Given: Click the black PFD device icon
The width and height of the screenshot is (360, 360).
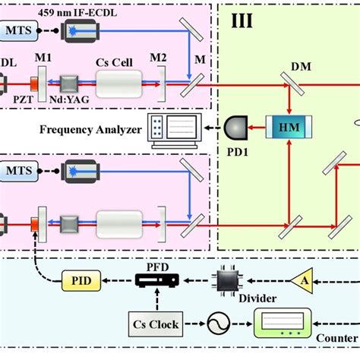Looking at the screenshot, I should (x=153, y=280).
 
